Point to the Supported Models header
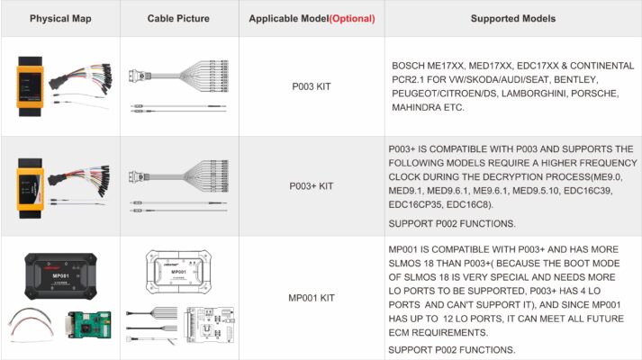pos(512,18)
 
